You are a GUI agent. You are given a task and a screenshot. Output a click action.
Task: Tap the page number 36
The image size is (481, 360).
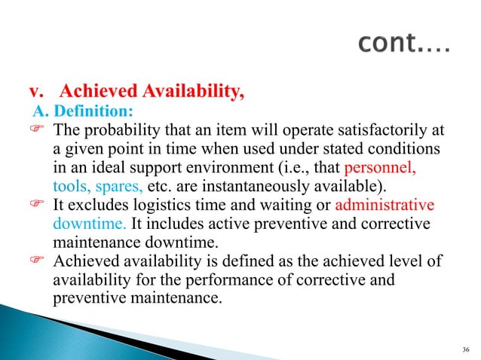(462, 349)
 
